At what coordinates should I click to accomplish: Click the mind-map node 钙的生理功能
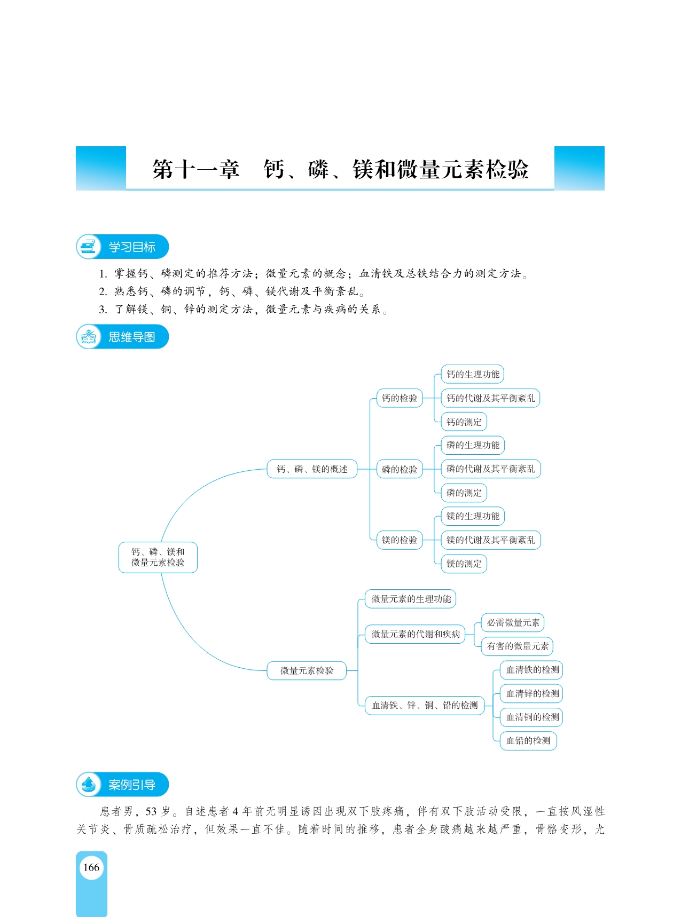point(473,374)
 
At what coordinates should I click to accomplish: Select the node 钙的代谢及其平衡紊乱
point(490,398)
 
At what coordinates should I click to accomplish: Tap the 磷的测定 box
point(464,493)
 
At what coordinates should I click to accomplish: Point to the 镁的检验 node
point(400,540)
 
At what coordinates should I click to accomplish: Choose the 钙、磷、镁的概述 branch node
point(312,469)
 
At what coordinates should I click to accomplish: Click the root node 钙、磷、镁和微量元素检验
point(158,557)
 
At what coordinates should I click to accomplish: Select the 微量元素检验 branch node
point(307,670)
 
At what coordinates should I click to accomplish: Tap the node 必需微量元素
point(513,622)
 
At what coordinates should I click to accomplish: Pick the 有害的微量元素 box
point(517,646)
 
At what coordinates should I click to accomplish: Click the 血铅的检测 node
point(528,741)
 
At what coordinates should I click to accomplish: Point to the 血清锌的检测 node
point(532,694)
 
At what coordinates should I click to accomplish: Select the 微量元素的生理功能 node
point(410,599)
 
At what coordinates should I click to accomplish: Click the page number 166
point(91,867)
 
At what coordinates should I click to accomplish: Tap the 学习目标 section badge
point(122,247)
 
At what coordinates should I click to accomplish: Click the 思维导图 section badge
point(122,337)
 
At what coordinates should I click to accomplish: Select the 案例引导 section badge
point(122,785)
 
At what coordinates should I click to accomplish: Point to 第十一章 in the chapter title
point(196,170)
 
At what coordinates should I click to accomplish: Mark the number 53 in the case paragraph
point(151,811)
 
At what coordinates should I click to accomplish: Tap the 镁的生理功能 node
point(473,516)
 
